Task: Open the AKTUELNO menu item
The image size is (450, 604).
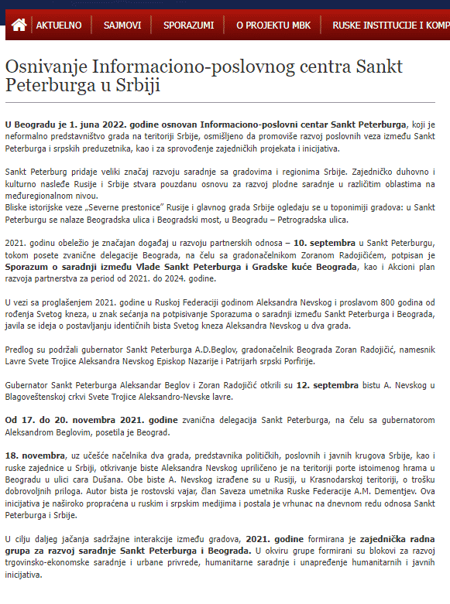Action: coord(59,25)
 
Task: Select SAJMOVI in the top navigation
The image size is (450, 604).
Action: coord(122,25)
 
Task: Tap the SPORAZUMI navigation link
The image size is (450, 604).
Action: coord(188,25)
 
